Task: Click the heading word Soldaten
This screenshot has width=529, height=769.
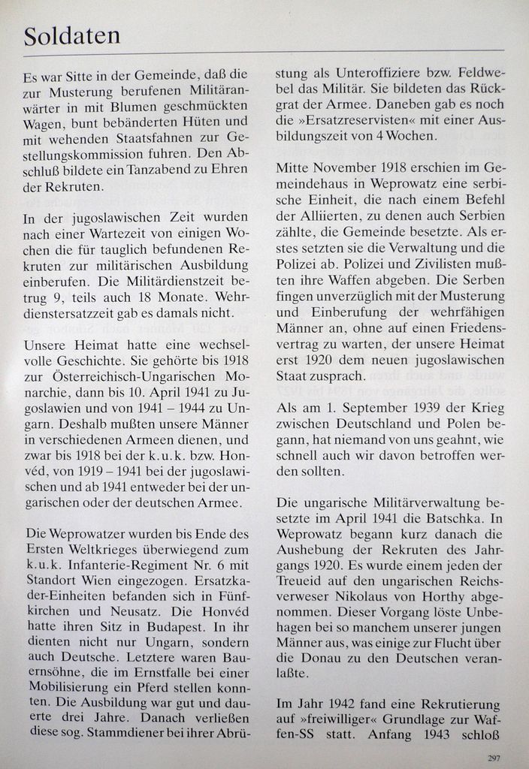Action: [x=71, y=35]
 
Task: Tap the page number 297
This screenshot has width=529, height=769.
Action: [x=494, y=757]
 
